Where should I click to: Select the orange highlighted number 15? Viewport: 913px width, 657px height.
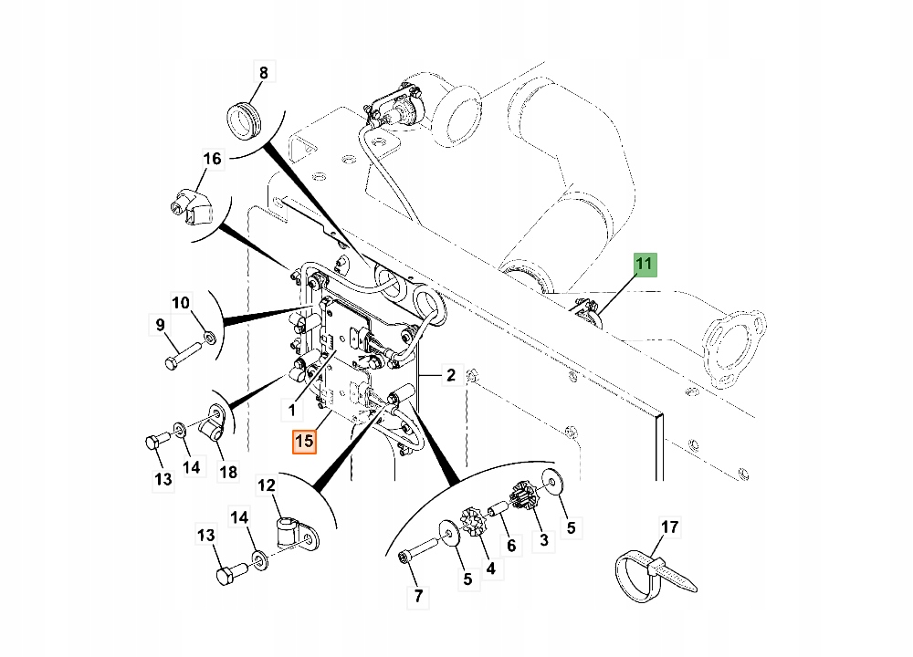(304, 442)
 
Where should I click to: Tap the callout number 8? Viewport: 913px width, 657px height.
(263, 73)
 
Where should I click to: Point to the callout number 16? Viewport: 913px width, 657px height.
(212, 159)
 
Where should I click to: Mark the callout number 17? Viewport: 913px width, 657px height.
(670, 527)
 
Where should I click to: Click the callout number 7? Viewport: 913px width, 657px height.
(418, 597)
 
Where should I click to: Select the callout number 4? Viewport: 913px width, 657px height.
(490, 568)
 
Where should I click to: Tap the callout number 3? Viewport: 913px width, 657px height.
(544, 542)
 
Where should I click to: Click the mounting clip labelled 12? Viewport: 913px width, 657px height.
(295, 532)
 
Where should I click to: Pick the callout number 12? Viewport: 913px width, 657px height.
(266, 485)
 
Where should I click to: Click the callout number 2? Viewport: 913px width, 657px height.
(450, 375)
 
